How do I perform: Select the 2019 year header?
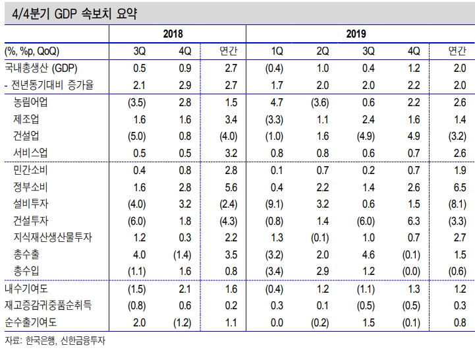click(x=356, y=34)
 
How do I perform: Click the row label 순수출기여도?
click(x=36, y=322)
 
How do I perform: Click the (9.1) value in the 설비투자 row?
click(x=277, y=203)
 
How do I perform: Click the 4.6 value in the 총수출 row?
click(x=368, y=255)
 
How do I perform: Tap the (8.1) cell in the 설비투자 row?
click(x=455, y=203)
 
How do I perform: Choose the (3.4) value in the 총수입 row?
click(x=277, y=271)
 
